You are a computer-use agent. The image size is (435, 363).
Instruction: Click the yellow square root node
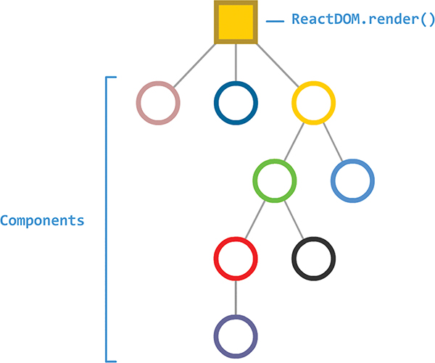coord(236,22)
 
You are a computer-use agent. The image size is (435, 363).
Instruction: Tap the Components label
coord(42,220)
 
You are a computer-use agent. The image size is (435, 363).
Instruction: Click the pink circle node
coord(158,102)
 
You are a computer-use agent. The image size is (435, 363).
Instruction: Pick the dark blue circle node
coord(236,102)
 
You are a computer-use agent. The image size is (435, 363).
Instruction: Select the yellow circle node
coord(313,102)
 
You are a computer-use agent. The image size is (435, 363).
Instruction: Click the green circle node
coord(275,180)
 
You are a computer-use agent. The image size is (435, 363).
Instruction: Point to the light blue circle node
coord(352,180)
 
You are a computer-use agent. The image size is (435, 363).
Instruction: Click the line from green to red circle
coord(255,220)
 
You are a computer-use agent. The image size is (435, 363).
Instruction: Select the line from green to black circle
coord(294,220)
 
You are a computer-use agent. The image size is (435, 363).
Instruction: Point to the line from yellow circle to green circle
coord(294,141)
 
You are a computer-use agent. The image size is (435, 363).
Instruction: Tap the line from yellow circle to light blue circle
coord(333,141)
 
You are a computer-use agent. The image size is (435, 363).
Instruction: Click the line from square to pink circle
coord(196,63)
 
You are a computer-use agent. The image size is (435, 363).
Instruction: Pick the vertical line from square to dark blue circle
coord(236,63)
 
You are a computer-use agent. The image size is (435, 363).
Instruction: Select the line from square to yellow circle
coord(275,63)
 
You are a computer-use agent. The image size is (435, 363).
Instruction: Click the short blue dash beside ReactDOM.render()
coord(275,22)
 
